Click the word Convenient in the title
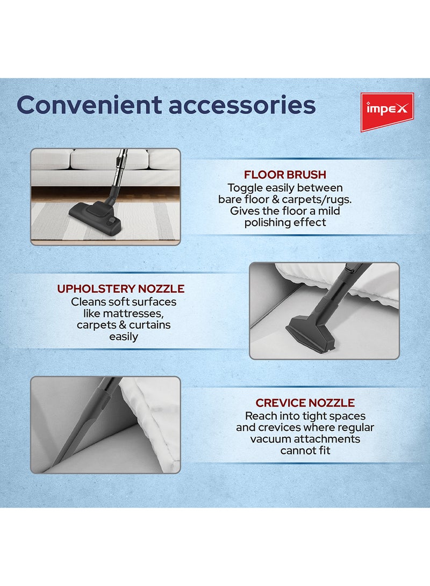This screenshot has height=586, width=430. pos(89,105)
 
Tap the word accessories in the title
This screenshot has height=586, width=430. pos(242,106)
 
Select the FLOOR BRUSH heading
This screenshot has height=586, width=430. pos(285,175)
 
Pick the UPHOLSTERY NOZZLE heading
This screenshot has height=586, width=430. pos(121,288)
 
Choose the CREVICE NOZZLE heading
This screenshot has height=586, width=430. pos(305,402)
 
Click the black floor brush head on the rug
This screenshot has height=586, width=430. pos(96,214)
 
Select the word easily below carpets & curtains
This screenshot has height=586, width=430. pos(124,337)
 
